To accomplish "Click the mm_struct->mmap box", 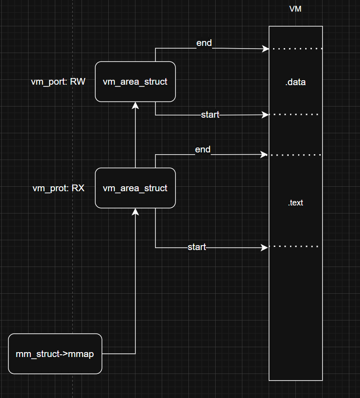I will [x=55, y=354].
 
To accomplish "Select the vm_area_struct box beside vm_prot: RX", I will [x=135, y=188].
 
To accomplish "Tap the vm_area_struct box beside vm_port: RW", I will [x=135, y=82].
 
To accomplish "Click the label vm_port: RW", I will [x=58, y=82].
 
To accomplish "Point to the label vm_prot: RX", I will [x=58, y=188].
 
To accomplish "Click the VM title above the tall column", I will [x=295, y=9].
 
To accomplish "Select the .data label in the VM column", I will [x=295, y=82].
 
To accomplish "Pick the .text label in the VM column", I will [x=295, y=203].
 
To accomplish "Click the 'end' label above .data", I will [x=204, y=43].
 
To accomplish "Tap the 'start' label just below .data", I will [x=210, y=115].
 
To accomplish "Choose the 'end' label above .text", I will [x=203, y=150].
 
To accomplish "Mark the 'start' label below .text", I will [x=197, y=247].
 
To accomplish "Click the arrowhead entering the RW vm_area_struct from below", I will [x=135, y=105].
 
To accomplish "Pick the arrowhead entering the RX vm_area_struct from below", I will [x=135, y=211].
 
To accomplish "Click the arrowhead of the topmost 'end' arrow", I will [x=266, y=48].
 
